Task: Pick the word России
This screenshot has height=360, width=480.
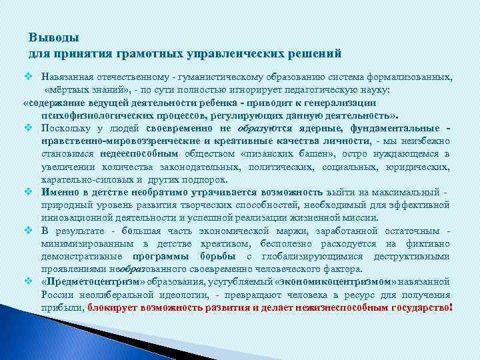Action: click(x=57, y=295)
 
